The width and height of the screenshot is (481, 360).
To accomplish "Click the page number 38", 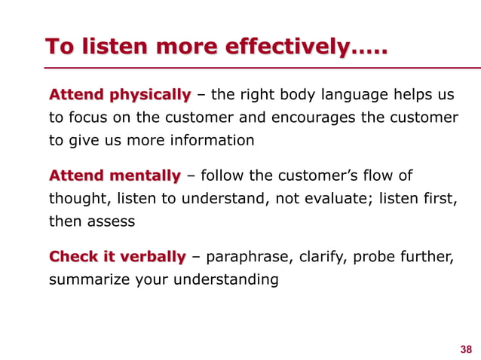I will click(465, 349).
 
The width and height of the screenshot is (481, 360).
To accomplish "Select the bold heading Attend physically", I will click(120, 95).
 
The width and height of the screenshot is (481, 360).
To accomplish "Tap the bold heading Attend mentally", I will click(115, 176).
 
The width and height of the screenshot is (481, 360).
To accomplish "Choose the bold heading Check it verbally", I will click(117, 257).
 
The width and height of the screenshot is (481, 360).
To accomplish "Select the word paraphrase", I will click(247, 257).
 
